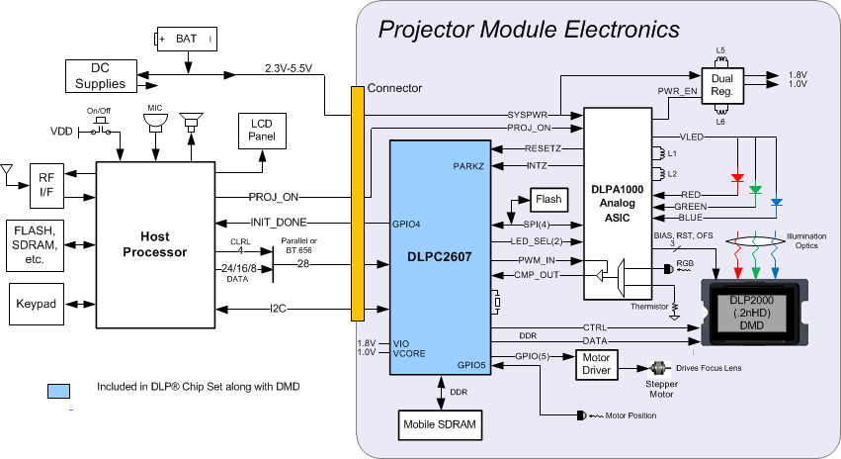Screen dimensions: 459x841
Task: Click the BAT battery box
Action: (x=186, y=39)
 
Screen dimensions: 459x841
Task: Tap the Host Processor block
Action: (x=154, y=244)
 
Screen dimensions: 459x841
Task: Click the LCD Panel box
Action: (x=261, y=129)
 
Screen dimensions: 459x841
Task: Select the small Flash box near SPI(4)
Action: (x=548, y=199)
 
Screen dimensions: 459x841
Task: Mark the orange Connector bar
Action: (x=357, y=203)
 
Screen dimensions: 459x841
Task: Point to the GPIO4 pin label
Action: (x=406, y=224)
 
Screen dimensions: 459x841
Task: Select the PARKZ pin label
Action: (x=467, y=165)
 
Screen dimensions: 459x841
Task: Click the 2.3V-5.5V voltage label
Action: (x=289, y=69)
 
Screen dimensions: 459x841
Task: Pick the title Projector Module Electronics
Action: (x=529, y=29)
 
